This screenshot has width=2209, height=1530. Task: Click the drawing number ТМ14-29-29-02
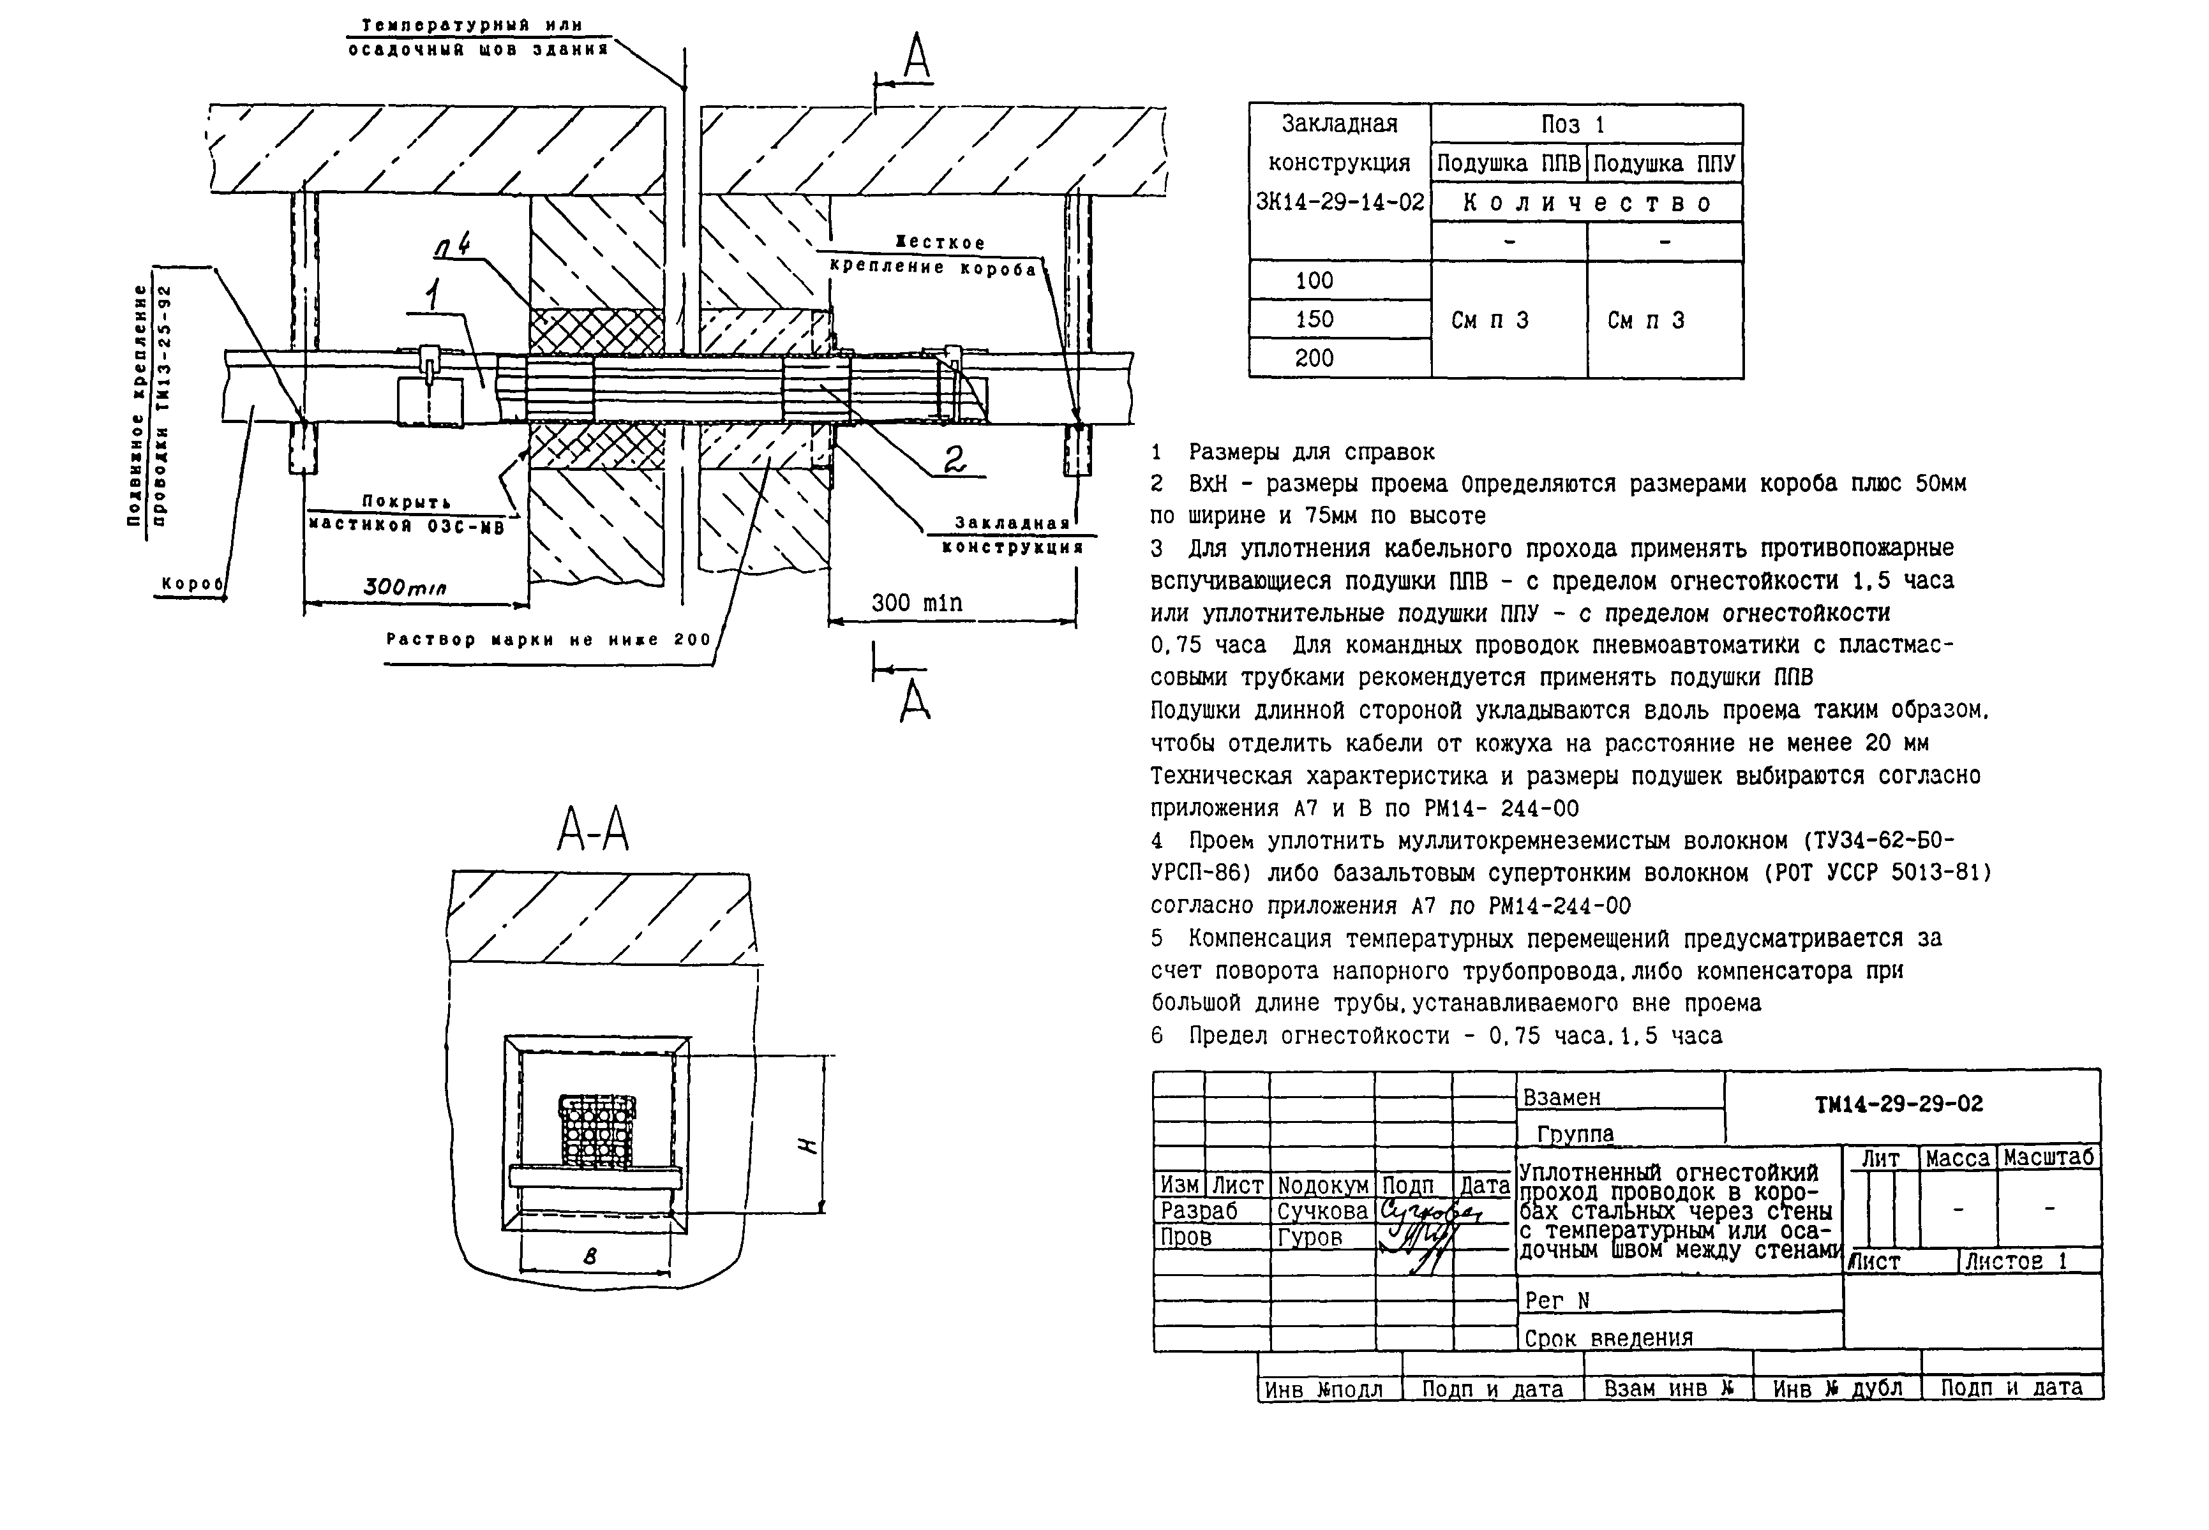[1898, 1104]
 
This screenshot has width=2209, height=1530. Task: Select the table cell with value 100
[1314, 281]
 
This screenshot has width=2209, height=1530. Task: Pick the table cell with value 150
[1314, 319]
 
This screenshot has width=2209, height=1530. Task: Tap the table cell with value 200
[1314, 359]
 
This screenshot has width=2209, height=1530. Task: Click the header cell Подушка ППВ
[1508, 164]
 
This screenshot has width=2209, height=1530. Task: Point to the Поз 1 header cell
[1586, 124]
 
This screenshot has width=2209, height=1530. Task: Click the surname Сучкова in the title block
[1322, 1211]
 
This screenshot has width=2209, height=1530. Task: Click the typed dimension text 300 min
[916, 603]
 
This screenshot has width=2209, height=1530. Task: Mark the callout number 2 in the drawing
[954, 461]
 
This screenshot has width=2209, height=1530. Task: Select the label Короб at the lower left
[191, 583]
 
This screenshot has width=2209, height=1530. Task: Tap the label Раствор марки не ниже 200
[548, 639]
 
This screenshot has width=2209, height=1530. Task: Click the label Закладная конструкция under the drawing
[1012, 535]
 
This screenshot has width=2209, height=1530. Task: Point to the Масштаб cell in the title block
[2048, 1157]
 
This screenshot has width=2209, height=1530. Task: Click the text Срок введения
[1608, 1337]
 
